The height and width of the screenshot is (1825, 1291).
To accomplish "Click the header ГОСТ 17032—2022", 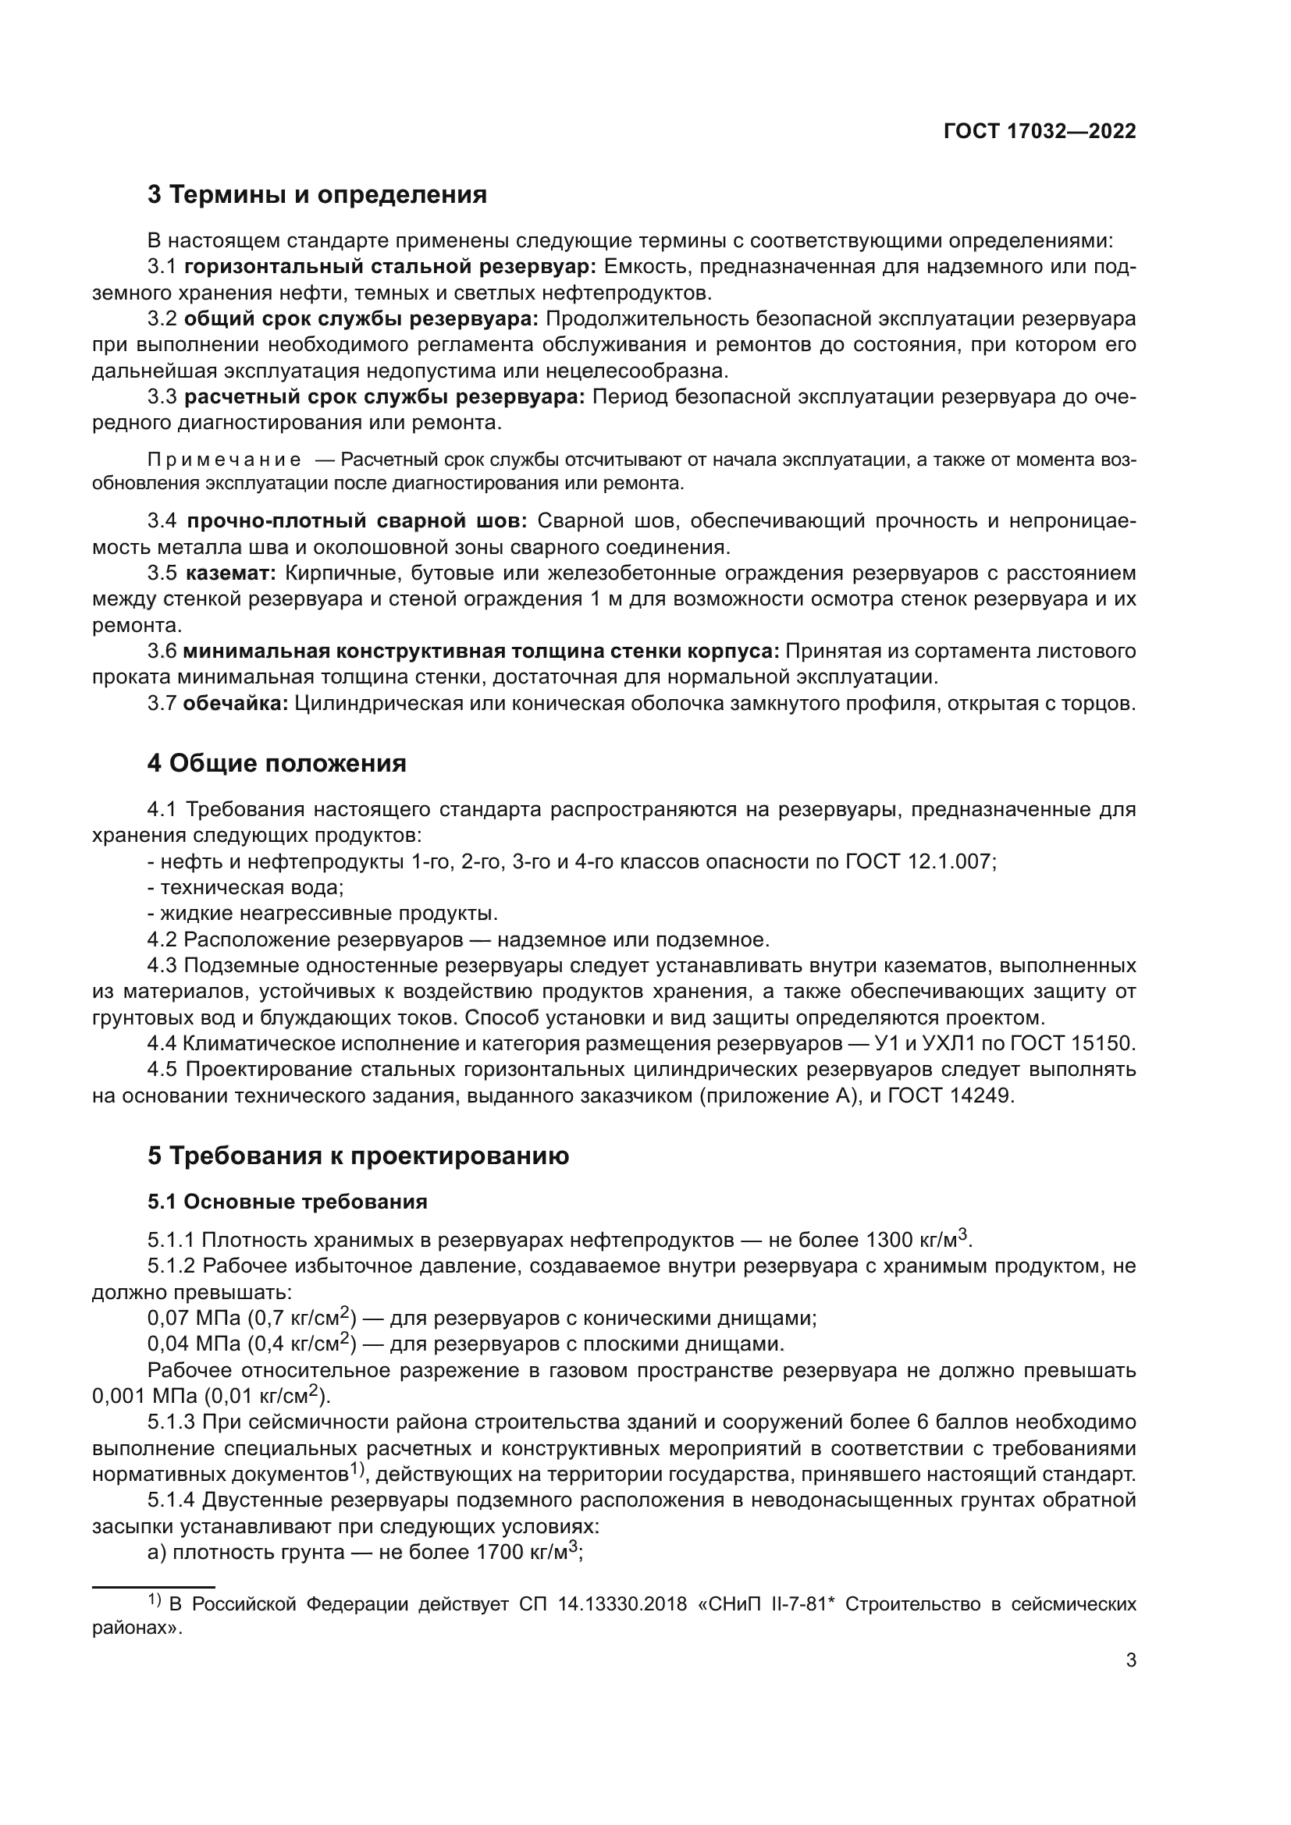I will [x=1040, y=131].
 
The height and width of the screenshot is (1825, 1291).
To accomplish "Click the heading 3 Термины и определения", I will [x=317, y=195].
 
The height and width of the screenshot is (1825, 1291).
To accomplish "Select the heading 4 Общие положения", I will [x=276, y=763].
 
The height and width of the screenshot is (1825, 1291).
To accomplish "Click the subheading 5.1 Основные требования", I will [x=287, y=1201].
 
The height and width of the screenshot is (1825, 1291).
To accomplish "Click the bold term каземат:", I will [x=231, y=573].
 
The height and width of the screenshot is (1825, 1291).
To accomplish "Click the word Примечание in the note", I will [x=224, y=460].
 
